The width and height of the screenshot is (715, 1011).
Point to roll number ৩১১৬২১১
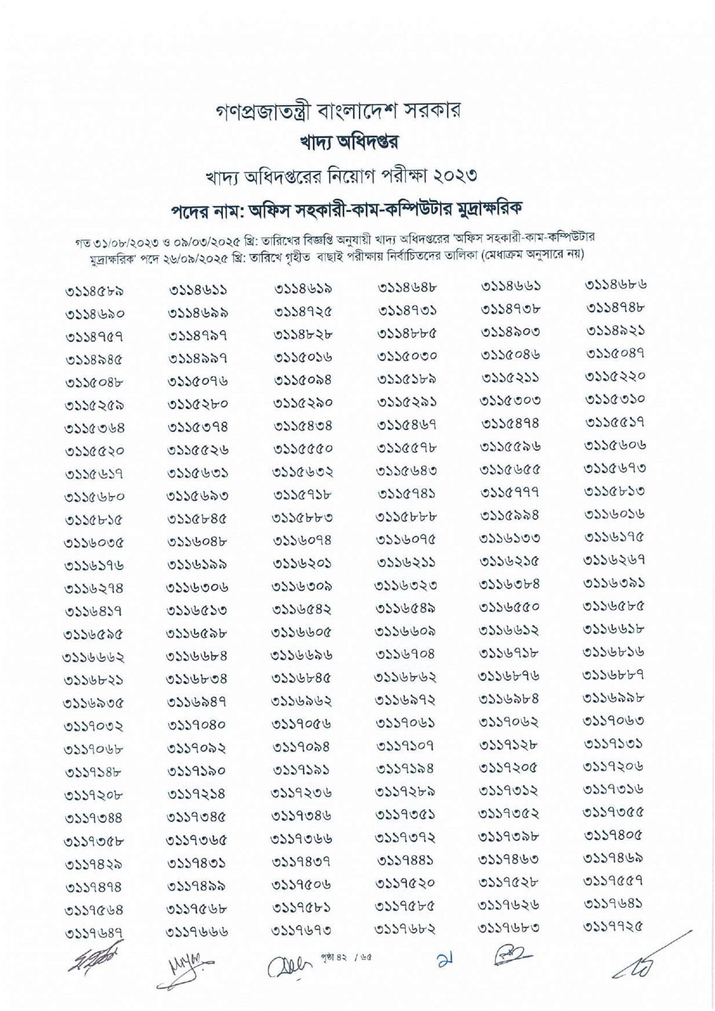[x=407, y=563]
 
